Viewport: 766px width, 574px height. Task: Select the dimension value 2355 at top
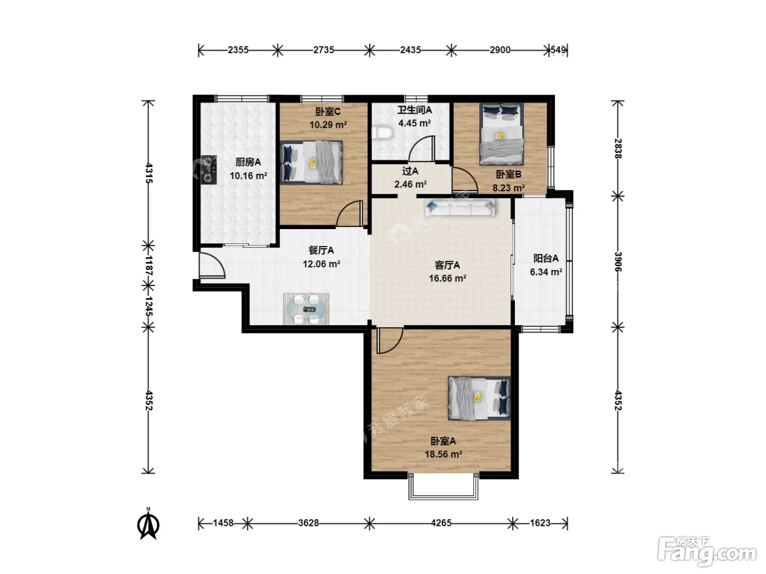(238, 50)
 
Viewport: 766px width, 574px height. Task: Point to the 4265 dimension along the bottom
(441, 523)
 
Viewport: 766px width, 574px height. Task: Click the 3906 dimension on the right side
(618, 262)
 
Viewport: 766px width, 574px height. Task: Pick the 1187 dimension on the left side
(148, 266)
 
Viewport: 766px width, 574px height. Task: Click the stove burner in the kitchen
(208, 169)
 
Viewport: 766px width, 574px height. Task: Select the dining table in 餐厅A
(306, 309)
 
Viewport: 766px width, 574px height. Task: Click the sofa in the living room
(460, 208)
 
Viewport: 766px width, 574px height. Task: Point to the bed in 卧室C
(311, 162)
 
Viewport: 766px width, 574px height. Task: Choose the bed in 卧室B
(502, 134)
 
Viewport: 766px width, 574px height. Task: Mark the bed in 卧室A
(479, 398)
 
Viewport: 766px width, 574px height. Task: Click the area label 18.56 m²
(443, 454)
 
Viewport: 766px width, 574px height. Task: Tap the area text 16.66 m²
(448, 278)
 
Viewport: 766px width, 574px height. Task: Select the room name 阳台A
(546, 258)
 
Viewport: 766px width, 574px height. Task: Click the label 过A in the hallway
(410, 171)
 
